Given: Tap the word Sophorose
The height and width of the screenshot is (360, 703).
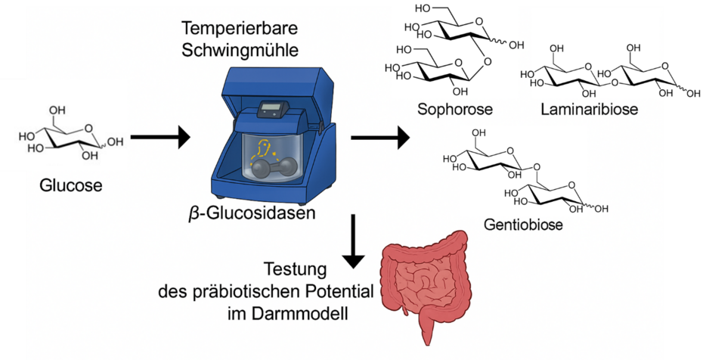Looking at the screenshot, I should coord(455,110).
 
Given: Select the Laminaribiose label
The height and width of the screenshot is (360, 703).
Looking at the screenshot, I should coord(589,110).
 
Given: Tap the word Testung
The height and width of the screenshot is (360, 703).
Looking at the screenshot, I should coord(296,269).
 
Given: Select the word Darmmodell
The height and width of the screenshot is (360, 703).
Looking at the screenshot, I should coord(311,312).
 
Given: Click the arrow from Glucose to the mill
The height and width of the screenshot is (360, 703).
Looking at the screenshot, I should coord(159,138).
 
